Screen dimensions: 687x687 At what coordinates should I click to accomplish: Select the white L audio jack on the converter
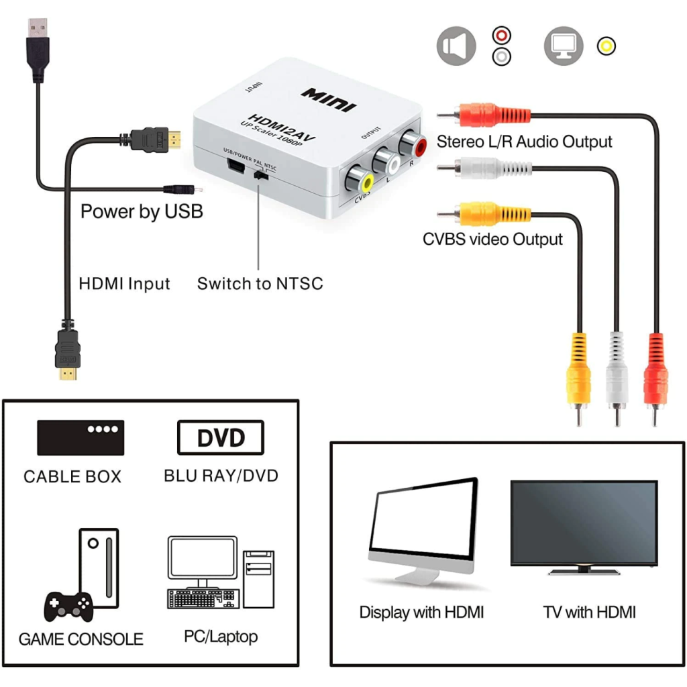coord(386,162)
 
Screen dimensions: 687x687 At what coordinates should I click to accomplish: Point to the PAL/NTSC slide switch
coord(261,176)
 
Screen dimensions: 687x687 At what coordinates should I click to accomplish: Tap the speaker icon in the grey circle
coord(456,46)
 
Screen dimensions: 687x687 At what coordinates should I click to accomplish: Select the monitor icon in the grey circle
coord(563,46)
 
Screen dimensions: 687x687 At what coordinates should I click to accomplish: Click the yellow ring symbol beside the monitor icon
coord(606,46)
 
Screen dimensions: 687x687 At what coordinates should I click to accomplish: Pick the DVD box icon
coord(221,438)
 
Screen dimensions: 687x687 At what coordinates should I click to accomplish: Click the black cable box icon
coord(81,437)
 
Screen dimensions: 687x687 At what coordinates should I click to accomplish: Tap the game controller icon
coord(68,606)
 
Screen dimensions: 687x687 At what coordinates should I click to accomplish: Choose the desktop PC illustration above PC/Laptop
coord(220,572)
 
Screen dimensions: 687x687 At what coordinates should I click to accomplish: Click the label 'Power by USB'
coord(142,211)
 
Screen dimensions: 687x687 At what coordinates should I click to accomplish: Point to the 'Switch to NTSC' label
coord(260,283)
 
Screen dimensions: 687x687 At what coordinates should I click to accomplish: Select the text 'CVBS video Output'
coord(492,240)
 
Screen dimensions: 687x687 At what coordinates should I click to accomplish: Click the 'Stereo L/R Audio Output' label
coord(524,142)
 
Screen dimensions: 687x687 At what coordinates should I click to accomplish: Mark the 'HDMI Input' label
coord(124,283)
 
